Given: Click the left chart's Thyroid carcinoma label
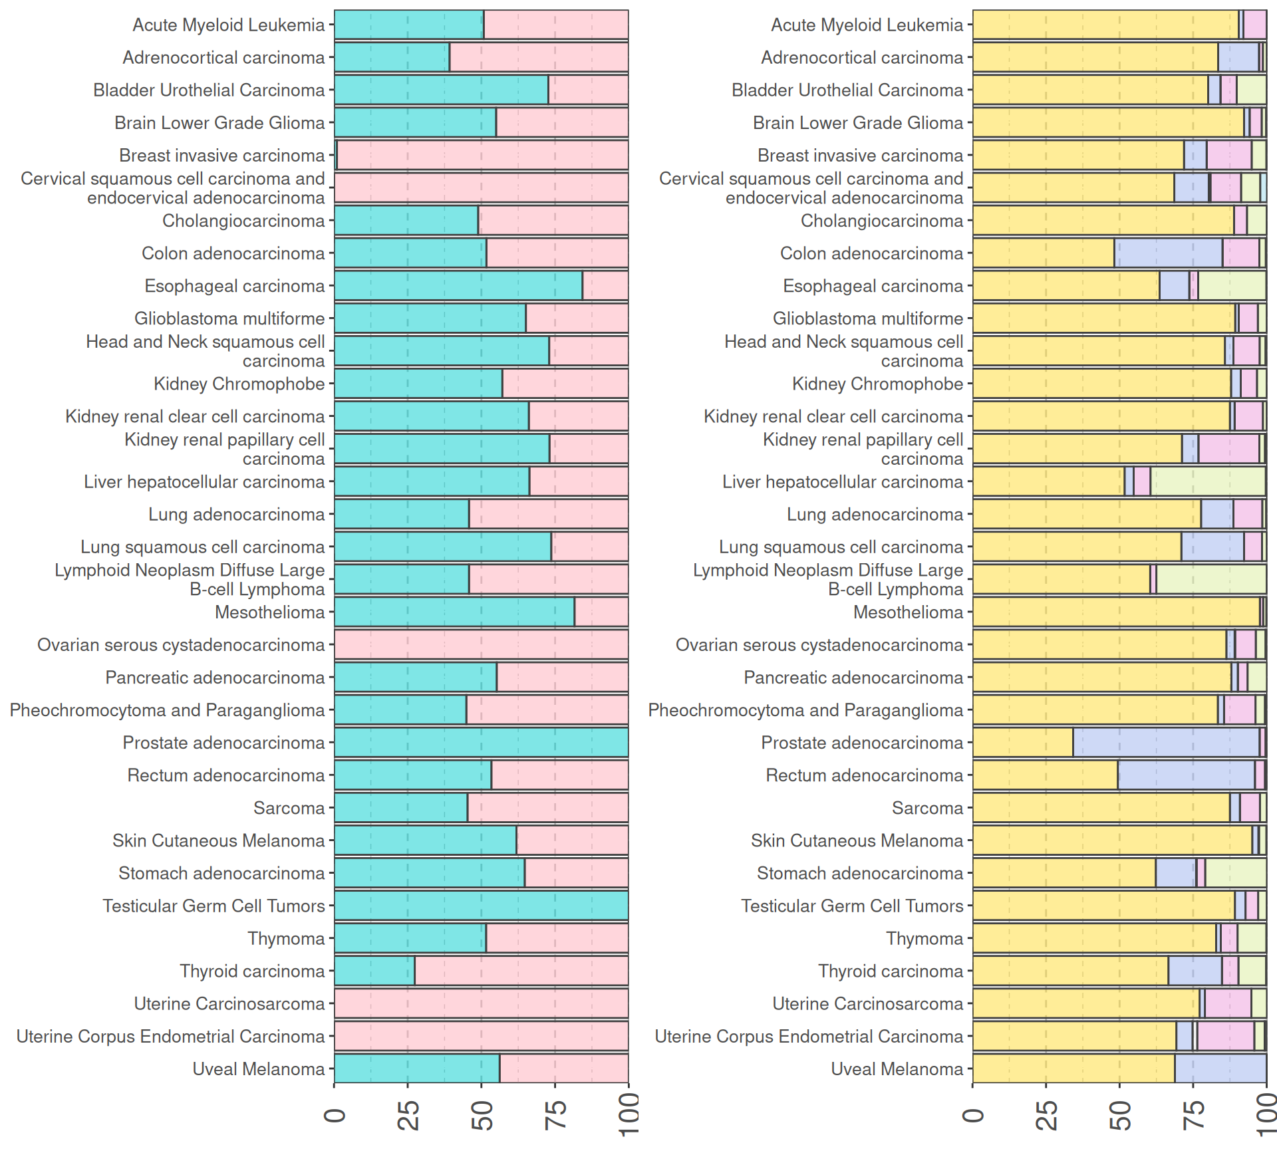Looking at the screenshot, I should pyautogui.click(x=252, y=971).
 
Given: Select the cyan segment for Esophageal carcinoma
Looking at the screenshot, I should pyautogui.click(x=458, y=286).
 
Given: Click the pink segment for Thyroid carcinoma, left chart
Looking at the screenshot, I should pyautogui.click(x=521, y=971).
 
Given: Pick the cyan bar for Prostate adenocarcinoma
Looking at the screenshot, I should pyautogui.click(x=481, y=743).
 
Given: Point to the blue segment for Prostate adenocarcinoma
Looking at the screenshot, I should pyautogui.click(x=1166, y=743).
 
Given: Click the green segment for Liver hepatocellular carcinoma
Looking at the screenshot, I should pyautogui.click(x=1208, y=481).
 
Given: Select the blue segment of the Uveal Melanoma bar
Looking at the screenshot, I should pyautogui.click(x=1220, y=1069).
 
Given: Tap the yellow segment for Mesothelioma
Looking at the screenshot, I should pyautogui.click(x=1116, y=612).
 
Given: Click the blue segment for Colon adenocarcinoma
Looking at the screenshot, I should pyautogui.click(x=1168, y=253).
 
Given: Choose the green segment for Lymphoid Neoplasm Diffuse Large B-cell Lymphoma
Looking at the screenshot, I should pyautogui.click(x=1211, y=579).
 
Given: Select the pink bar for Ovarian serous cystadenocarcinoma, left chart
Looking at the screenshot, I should pyautogui.click(x=481, y=645).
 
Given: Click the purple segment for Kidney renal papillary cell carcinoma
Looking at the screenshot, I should pyautogui.click(x=1228, y=449).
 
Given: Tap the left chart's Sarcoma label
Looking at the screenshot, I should pyautogui.click(x=289, y=808).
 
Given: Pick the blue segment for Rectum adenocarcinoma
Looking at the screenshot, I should pyautogui.click(x=1186, y=775).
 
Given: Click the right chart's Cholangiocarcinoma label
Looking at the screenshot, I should pyautogui.click(x=881, y=221).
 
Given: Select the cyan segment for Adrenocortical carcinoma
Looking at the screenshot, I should pyautogui.click(x=392, y=57).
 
